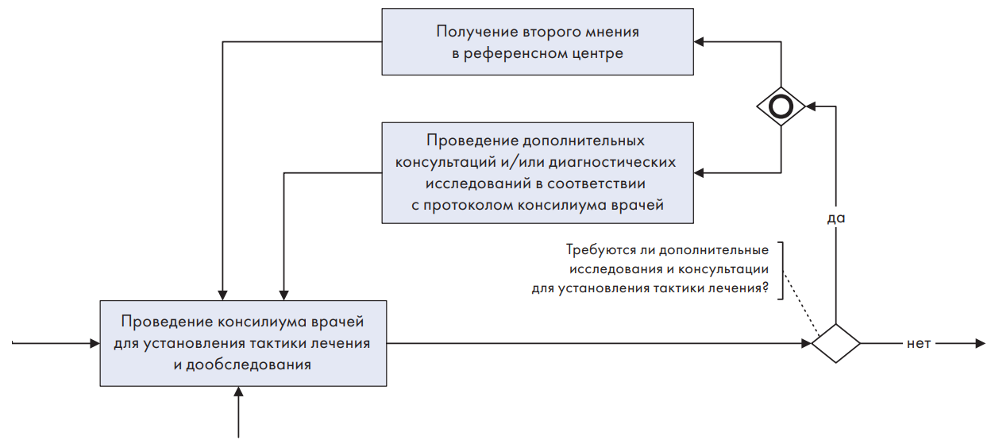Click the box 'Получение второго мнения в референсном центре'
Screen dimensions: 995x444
tap(538, 42)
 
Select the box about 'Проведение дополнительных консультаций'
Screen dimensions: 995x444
tap(538, 173)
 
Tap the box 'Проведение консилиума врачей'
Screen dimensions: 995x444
tap(243, 343)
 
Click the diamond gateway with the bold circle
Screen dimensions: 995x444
tap(781, 106)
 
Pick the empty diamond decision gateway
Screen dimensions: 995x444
tap(836, 344)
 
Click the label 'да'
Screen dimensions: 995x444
tap(836, 218)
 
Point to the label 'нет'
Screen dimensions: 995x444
tap(919, 344)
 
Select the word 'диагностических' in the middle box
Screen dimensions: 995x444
tap(612, 162)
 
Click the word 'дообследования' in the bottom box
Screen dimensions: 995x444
tap(249, 365)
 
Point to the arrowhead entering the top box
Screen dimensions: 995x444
tap(699, 42)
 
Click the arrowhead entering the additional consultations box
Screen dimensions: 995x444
tap(699, 173)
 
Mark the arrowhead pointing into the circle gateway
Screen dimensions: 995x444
tap(811, 106)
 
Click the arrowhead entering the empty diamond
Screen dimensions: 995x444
tap(807, 344)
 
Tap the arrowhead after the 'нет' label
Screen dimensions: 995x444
tap(981, 344)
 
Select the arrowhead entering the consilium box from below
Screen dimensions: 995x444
tap(238, 392)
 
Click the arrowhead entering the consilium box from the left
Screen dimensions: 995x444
tap(95, 344)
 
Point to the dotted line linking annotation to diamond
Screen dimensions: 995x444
tap(801, 303)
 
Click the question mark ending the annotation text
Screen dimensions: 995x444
tap(765, 288)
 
